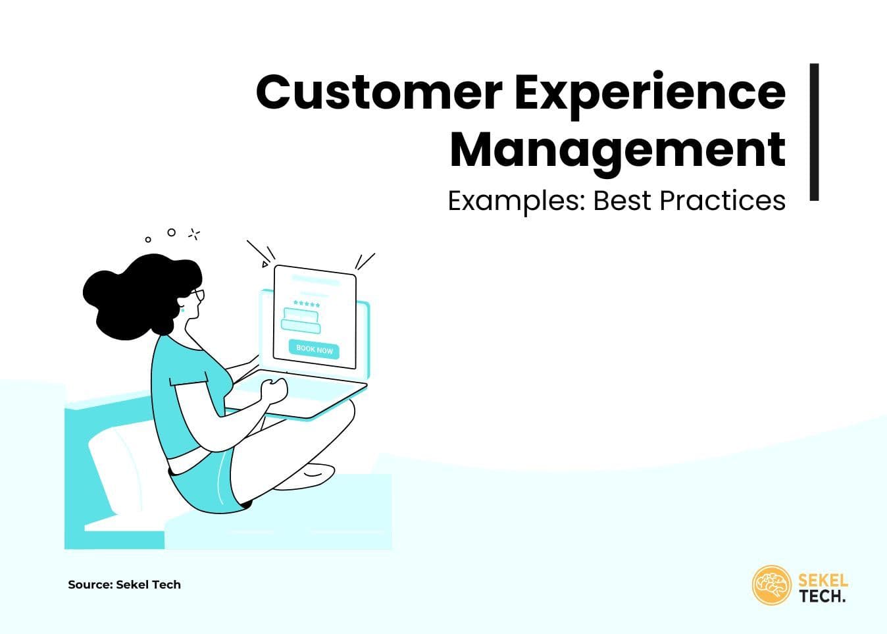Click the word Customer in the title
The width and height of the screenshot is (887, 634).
378,92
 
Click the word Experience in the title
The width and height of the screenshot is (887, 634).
649,92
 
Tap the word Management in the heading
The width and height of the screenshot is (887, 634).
617,150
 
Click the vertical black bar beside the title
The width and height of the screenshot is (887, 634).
814,132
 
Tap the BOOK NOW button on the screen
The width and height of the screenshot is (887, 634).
315,349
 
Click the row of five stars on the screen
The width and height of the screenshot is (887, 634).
307,304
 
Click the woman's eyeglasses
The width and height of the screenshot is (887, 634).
198,296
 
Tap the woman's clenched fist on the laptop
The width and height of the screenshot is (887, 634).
274,390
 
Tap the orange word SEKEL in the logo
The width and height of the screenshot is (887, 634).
823,581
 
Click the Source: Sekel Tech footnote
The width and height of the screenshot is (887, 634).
124,585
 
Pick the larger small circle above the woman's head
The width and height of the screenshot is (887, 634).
172,232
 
